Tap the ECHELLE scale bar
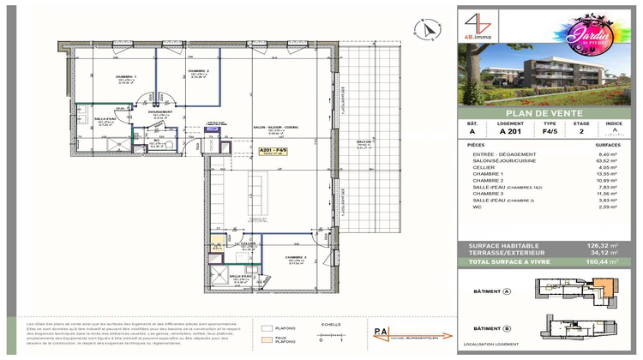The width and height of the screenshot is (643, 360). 321,333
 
